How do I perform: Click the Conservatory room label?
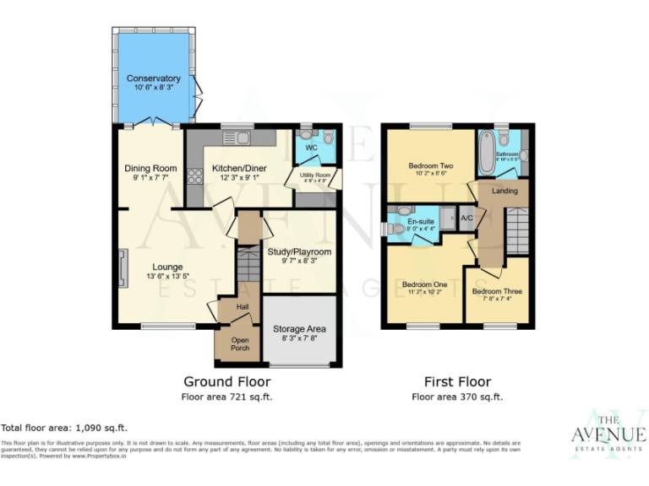click(154, 79)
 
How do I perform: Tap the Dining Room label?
click(150, 169)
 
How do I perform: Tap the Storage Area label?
click(300, 328)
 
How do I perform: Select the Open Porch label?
click(230, 343)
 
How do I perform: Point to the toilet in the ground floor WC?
click(328, 138)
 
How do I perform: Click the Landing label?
click(504, 191)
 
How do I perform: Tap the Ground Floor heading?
click(227, 381)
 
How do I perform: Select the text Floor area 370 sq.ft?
click(457, 397)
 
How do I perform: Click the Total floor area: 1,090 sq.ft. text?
click(64, 428)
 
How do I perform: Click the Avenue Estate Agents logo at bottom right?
click(608, 435)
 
